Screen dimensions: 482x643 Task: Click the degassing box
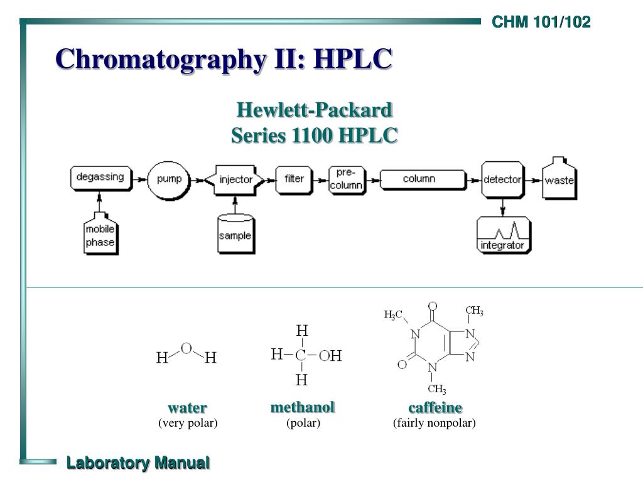click(x=100, y=178)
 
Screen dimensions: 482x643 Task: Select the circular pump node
click(x=169, y=179)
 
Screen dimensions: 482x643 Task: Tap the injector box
click(x=235, y=179)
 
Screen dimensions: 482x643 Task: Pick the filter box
click(x=294, y=179)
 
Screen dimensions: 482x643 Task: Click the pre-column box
click(x=347, y=179)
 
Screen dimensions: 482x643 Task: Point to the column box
click(x=419, y=179)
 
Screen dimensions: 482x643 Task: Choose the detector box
click(x=502, y=179)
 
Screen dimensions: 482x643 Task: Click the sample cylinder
click(x=235, y=234)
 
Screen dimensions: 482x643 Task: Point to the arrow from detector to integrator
click(x=502, y=206)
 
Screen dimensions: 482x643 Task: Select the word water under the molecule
click(x=187, y=408)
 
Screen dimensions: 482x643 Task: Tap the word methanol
click(x=303, y=407)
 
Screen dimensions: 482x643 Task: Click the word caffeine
click(x=435, y=408)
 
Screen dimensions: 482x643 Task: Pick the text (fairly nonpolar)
click(x=435, y=423)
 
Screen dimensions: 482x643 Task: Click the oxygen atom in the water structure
click(x=186, y=348)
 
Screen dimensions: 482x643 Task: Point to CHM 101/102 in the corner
click(x=541, y=23)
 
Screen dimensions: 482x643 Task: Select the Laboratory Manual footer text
click(x=138, y=463)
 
